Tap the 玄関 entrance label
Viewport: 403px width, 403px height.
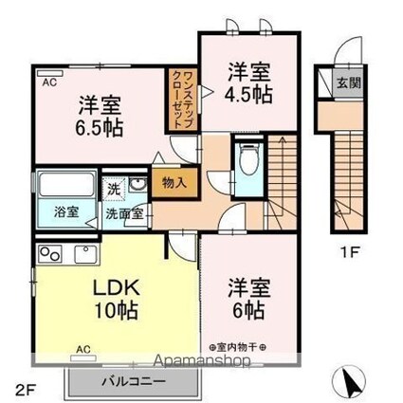tap(349, 83)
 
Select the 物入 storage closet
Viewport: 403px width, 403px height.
tap(174, 183)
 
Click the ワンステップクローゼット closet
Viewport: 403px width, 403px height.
tap(183, 100)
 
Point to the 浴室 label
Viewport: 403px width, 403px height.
tap(66, 211)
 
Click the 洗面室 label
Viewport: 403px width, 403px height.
tap(124, 214)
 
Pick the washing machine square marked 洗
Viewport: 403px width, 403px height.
tap(114, 190)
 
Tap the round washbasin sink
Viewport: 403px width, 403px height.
tap(137, 185)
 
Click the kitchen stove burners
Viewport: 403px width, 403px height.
tap(50, 254)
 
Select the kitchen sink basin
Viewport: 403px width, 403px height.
tap(86, 254)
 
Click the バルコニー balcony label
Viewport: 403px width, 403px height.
tap(134, 381)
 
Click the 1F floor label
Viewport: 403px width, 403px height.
tap(349, 252)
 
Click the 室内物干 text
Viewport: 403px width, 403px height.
tap(237, 347)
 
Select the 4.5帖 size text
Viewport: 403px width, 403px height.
tap(248, 94)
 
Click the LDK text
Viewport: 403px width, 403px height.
tap(116, 287)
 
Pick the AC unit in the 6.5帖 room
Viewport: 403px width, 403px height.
tap(50, 73)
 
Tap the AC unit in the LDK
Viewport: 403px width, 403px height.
tap(82, 358)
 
